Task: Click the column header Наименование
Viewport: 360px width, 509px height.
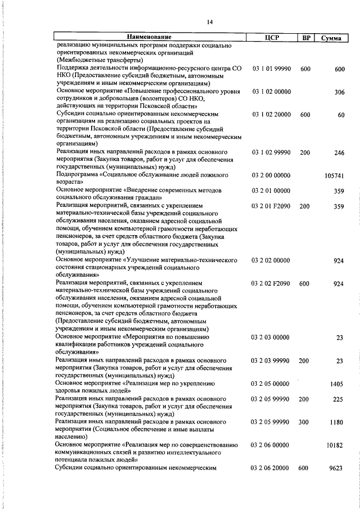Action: click(x=147, y=38)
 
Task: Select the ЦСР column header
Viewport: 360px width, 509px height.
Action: click(x=272, y=38)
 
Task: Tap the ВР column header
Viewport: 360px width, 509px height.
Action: click(x=305, y=38)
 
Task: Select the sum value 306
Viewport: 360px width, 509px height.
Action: click(x=339, y=92)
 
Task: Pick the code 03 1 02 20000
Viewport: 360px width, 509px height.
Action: click(x=272, y=115)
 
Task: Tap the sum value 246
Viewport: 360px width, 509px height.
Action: click(x=339, y=152)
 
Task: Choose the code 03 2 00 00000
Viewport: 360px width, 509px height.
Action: click(x=272, y=175)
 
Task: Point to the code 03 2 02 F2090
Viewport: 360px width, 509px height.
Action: click(x=272, y=283)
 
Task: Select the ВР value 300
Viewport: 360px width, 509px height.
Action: click(x=305, y=421)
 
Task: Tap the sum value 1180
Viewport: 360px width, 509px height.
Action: click(x=336, y=421)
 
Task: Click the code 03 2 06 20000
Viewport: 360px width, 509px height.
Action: click(x=272, y=467)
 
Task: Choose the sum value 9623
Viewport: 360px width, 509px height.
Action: click(x=336, y=467)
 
